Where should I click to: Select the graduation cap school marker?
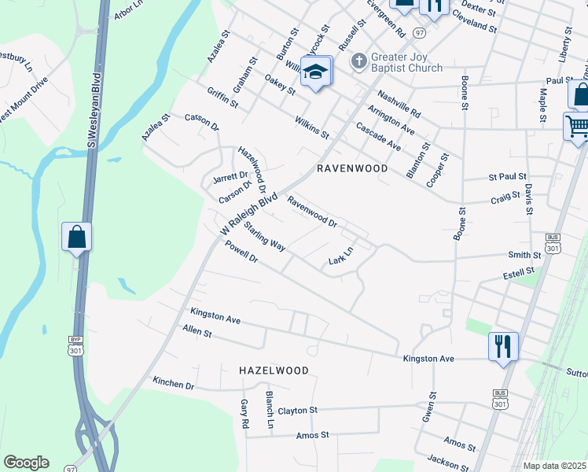[x=316, y=73]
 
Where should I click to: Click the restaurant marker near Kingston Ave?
[x=502, y=346]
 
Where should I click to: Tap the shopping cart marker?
[x=576, y=126]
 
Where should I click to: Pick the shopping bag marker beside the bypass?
[x=77, y=237]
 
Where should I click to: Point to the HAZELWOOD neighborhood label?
[x=274, y=370]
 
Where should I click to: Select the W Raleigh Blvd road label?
[x=249, y=213]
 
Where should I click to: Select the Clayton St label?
[x=297, y=411]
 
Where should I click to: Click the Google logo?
[x=26, y=463]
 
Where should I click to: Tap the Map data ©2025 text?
[x=555, y=466]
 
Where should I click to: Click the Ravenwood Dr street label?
[x=312, y=212]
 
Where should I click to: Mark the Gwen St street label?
[x=429, y=407]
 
